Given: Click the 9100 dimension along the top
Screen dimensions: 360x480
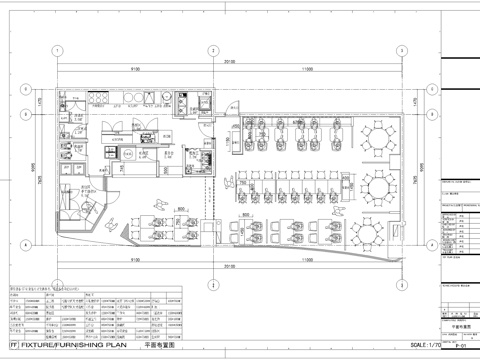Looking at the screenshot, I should pyautogui.click(x=132, y=68).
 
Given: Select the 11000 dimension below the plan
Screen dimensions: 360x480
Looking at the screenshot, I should pyautogui.click(x=308, y=274).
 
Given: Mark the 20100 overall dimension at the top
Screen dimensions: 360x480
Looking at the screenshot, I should pyautogui.click(x=230, y=61).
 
